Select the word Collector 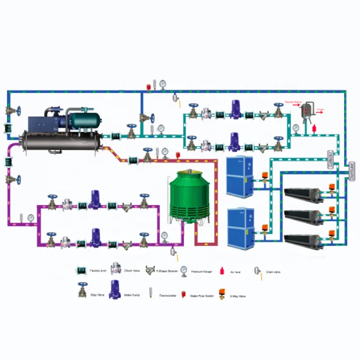(x=331, y=159)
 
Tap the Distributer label (x=352, y=172)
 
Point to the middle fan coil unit (x=304, y=216)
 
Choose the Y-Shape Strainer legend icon (x=150, y=271)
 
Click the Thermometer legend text (x=167, y=296)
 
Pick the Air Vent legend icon (x=221, y=271)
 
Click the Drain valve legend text (x=273, y=272)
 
